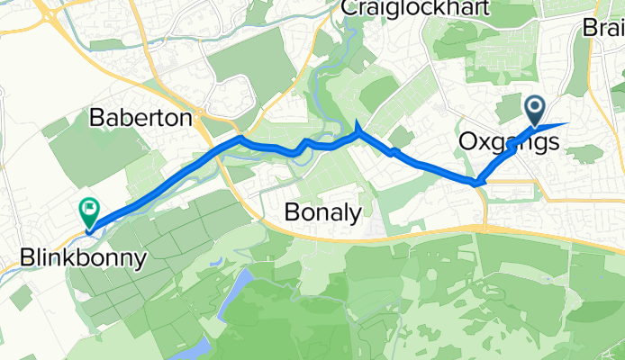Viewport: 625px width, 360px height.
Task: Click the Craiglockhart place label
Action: pyautogui.click(x=414, y=8)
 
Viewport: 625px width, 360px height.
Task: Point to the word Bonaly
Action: pyautogui.click(x=322, y=212)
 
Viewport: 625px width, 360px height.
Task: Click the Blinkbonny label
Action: pyautogui.click(x=83, y=260)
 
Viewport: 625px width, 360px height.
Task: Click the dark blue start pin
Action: pyautogui.click(x=535, y=111)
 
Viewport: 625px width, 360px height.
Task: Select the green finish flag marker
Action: pyautogui.click(x=89, y=211)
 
